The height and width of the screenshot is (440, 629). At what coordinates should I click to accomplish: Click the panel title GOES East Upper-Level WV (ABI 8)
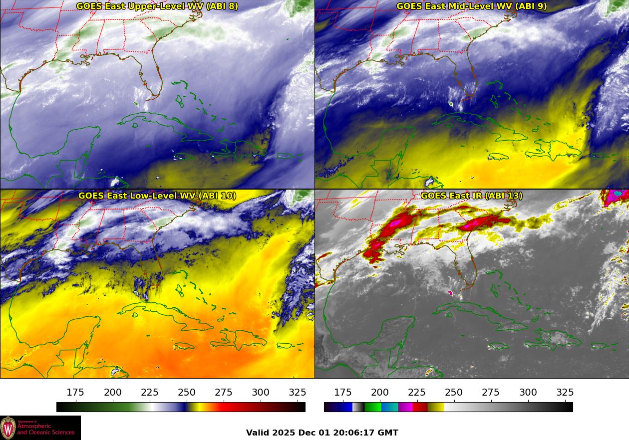157,6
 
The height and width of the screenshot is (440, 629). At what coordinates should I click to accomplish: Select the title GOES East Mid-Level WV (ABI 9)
471,6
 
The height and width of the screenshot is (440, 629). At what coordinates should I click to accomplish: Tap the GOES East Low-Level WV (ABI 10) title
157,196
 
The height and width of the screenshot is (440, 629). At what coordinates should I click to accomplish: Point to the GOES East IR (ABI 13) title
471,196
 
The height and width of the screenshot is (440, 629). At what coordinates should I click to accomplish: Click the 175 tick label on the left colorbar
75,392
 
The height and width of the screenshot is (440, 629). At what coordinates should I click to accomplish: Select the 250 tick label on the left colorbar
187,392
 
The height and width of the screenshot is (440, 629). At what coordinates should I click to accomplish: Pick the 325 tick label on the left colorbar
298,392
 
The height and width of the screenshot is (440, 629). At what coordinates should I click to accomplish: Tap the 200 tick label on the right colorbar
380,392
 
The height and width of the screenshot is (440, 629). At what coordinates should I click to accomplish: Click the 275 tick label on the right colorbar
491,392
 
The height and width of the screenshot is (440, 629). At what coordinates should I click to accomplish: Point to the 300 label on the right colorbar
528,392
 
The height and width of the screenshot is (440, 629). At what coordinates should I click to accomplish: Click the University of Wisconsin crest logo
8,428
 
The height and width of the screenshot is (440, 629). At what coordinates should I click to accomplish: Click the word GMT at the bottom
388,433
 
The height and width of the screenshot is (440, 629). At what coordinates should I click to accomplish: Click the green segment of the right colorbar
372,407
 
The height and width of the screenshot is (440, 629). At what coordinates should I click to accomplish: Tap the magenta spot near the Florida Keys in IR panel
451,293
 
